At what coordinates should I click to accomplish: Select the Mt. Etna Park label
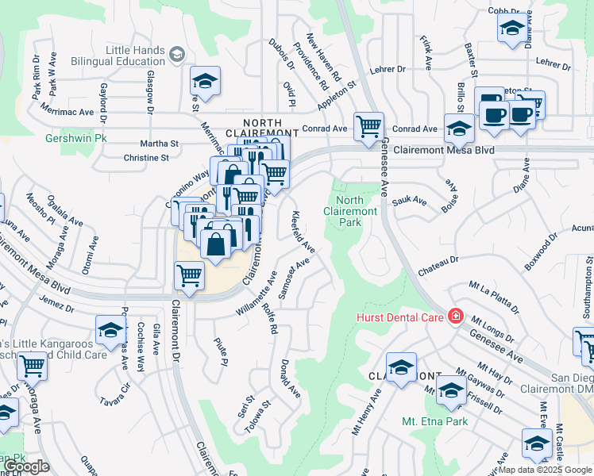pos(434,421)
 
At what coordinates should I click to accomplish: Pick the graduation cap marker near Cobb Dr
pos(511,28)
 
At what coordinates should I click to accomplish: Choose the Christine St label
pos(147,158)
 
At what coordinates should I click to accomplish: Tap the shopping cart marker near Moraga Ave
pos(32,367)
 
